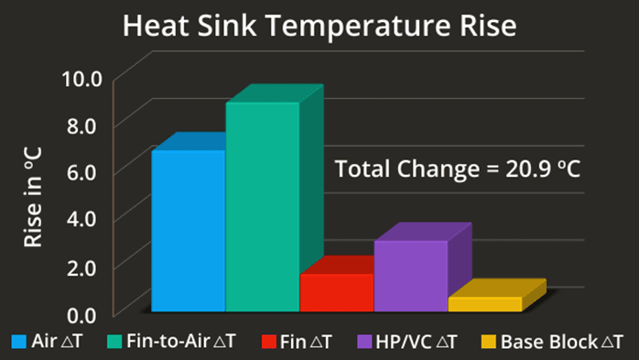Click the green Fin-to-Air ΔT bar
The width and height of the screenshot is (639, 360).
(262, 207)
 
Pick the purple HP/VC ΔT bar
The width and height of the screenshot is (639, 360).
(410, 276)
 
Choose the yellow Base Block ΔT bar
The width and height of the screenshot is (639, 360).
(484, 304)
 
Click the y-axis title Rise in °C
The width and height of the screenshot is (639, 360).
(34, 195)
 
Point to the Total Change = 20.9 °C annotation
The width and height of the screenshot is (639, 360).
(459, 169)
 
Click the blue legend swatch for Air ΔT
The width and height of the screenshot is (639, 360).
(18, 343)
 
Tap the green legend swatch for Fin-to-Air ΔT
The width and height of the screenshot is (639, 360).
(114, 343)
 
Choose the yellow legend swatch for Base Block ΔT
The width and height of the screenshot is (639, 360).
(487, 343)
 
